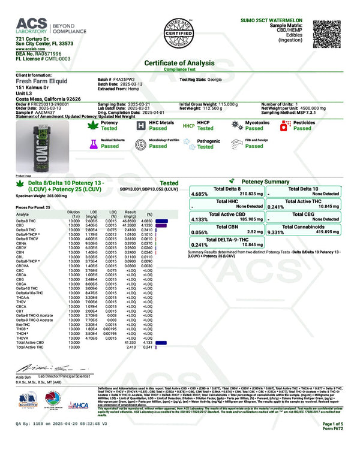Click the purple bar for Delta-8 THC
pos(161,221)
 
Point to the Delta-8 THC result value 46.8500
pos(132,221)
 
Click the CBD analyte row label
pos(19,225)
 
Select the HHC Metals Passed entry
pos(158,128)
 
